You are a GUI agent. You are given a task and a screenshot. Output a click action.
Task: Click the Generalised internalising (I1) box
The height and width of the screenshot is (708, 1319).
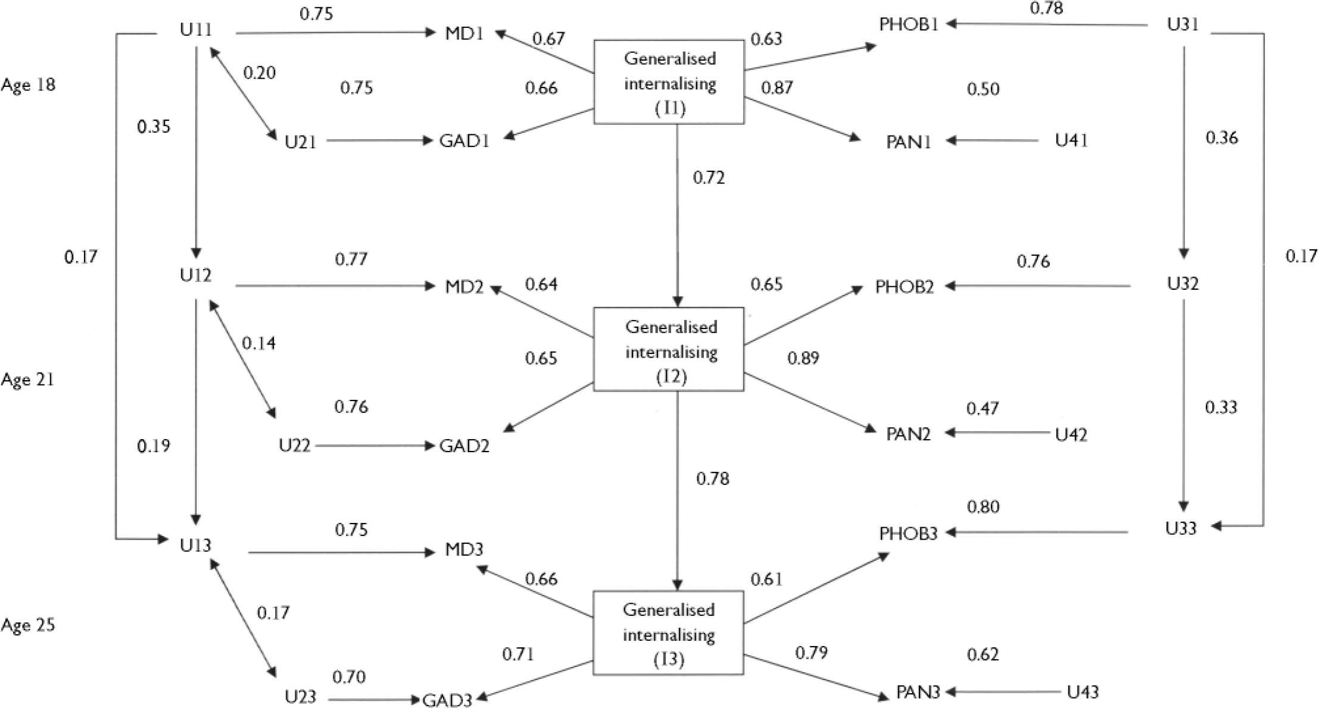[x=669, y=82]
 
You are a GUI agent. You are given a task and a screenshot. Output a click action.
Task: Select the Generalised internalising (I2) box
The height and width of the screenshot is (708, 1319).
[x=669, y=349]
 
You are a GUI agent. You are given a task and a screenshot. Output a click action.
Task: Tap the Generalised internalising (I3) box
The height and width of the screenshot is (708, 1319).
[x=668, y=632]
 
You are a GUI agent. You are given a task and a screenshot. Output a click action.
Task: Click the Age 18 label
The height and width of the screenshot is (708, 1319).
[x=28, y=85]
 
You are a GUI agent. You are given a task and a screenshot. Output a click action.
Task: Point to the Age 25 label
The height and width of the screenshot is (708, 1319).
[x=28, y=625]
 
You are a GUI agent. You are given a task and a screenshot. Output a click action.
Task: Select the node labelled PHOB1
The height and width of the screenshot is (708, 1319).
[x=909, y=24]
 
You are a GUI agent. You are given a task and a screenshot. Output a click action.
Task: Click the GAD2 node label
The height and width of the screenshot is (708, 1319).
[x=464, y=446]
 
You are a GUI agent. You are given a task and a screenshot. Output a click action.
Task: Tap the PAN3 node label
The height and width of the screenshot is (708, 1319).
[x=918, y=692]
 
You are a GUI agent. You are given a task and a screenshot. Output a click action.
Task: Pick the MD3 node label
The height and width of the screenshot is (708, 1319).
[x=464, y=549]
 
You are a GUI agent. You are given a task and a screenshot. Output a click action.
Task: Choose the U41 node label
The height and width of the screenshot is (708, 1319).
[x=1071, y=140]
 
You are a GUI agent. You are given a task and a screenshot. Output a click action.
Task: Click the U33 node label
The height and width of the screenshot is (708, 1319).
[x=1181, y=528]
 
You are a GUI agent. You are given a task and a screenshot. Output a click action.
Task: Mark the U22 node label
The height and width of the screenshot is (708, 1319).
[x=295, y=446]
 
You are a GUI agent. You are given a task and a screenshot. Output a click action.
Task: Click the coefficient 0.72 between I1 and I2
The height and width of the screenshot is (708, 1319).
[x=709, y=178]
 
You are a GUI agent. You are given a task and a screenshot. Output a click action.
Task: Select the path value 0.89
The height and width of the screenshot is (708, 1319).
[x=803, y=358]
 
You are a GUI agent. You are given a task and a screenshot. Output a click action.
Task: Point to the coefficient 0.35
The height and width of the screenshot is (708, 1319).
[x=154, y=127]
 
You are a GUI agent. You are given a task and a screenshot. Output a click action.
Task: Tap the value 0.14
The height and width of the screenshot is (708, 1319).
[x=259, y=343]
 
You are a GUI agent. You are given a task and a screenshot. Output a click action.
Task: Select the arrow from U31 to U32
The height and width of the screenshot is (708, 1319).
[x=1183, y=152]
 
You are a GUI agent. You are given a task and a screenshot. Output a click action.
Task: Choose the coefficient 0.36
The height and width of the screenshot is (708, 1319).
[x=1222, y=138]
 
